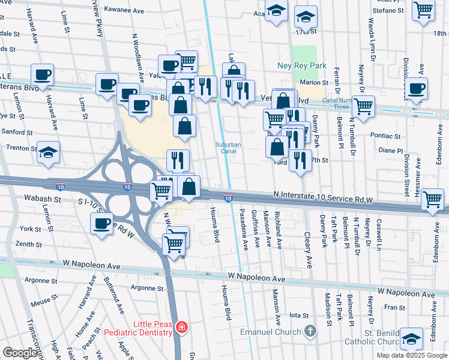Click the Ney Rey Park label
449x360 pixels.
tap(302, 65)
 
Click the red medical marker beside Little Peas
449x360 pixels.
tap(181, 328)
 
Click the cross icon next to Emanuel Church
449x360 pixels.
tap(310, 331)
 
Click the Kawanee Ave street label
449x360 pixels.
tap(124, 10)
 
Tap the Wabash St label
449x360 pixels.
tap(43, 197)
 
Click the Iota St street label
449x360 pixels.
tap(298, 315)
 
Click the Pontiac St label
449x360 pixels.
tap(385, 136)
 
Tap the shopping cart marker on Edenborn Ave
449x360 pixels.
tap(433, 199)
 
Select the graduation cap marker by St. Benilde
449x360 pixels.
tap(411, 339)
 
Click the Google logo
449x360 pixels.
tap(20, 353)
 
